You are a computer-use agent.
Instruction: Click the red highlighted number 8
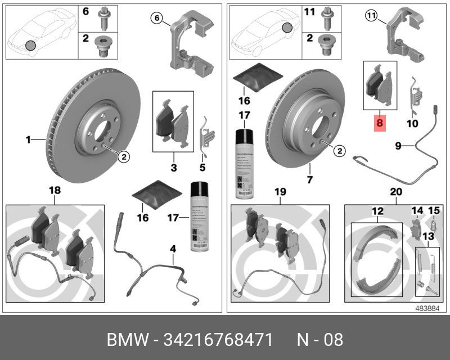[380, 121]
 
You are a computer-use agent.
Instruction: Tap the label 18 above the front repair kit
[55, 191]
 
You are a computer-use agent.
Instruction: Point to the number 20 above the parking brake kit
[396, 192]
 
